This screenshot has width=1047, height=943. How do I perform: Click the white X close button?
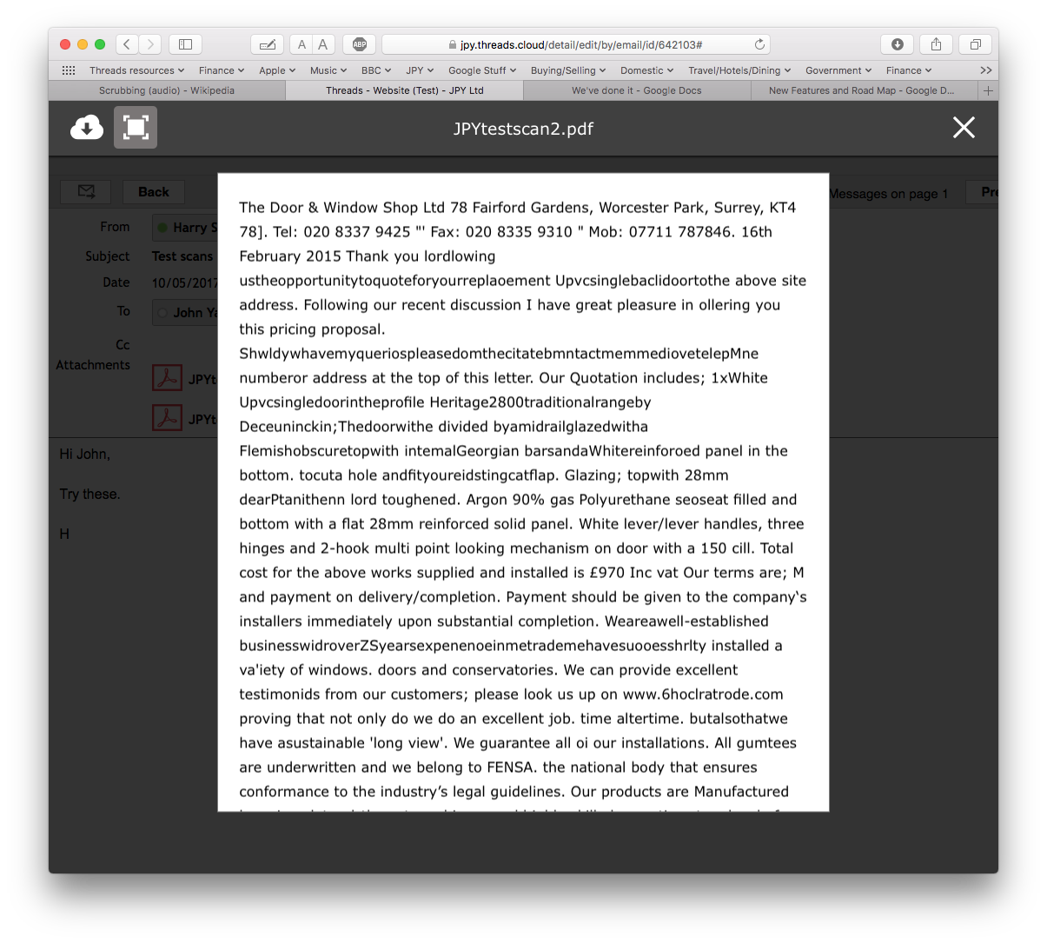click(x=964, y=128)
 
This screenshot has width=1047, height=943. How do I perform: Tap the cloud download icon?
click(x=86, y=128)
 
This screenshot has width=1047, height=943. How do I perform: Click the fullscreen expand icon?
click(x=136, y=128)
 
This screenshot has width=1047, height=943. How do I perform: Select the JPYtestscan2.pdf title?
click(x=523, y=129)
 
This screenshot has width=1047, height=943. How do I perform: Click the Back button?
click(x=154, y=192)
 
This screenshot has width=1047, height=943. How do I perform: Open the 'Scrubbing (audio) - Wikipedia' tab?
click(x=166, y=90)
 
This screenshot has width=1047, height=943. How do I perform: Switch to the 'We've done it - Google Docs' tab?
click(x=636, y=90)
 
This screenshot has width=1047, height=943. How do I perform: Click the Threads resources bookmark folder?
click(x=136, y=70)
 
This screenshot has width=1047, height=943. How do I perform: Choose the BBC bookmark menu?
click(x=375, y=70)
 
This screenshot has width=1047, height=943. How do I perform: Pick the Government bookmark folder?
click(x=838, y=70)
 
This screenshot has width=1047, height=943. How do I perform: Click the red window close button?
click(x=65, y=44)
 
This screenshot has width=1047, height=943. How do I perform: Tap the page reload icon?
click(x=759, y=44)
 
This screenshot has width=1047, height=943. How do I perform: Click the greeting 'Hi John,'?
click(x=85, y=454)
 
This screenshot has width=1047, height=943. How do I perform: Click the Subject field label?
click(x=108, y=256)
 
